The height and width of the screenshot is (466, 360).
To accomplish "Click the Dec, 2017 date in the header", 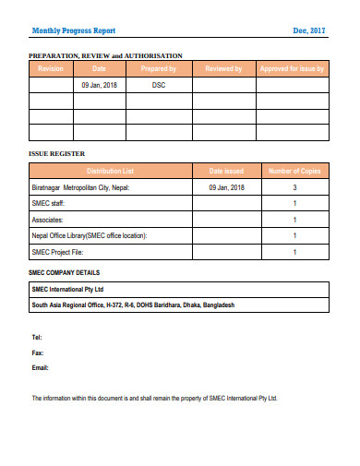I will [x=310, y=30].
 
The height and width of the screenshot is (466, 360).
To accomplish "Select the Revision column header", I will [x=50, y=69].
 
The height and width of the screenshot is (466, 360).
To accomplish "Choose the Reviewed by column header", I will [x=223, y=69].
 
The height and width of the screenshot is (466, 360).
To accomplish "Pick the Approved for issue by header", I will [x=292, y=69].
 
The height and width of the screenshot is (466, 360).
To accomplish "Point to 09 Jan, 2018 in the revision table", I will [x=99, y=85].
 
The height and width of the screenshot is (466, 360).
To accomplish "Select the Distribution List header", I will [x=110, y=172].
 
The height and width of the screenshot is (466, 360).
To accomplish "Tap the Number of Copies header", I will [x=294, y=172].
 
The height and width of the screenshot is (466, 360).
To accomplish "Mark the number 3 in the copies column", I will [x=294, y=187].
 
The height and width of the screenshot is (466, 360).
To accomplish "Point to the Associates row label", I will [x=49, y=220].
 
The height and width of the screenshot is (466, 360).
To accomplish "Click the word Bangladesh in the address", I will [x=217, y=304].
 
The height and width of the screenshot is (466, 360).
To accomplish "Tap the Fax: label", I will [x=38, y=353].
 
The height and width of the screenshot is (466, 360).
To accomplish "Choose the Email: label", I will [x=40, y=368].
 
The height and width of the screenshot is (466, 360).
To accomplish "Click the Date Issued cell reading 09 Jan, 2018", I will [x=226, y=187].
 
